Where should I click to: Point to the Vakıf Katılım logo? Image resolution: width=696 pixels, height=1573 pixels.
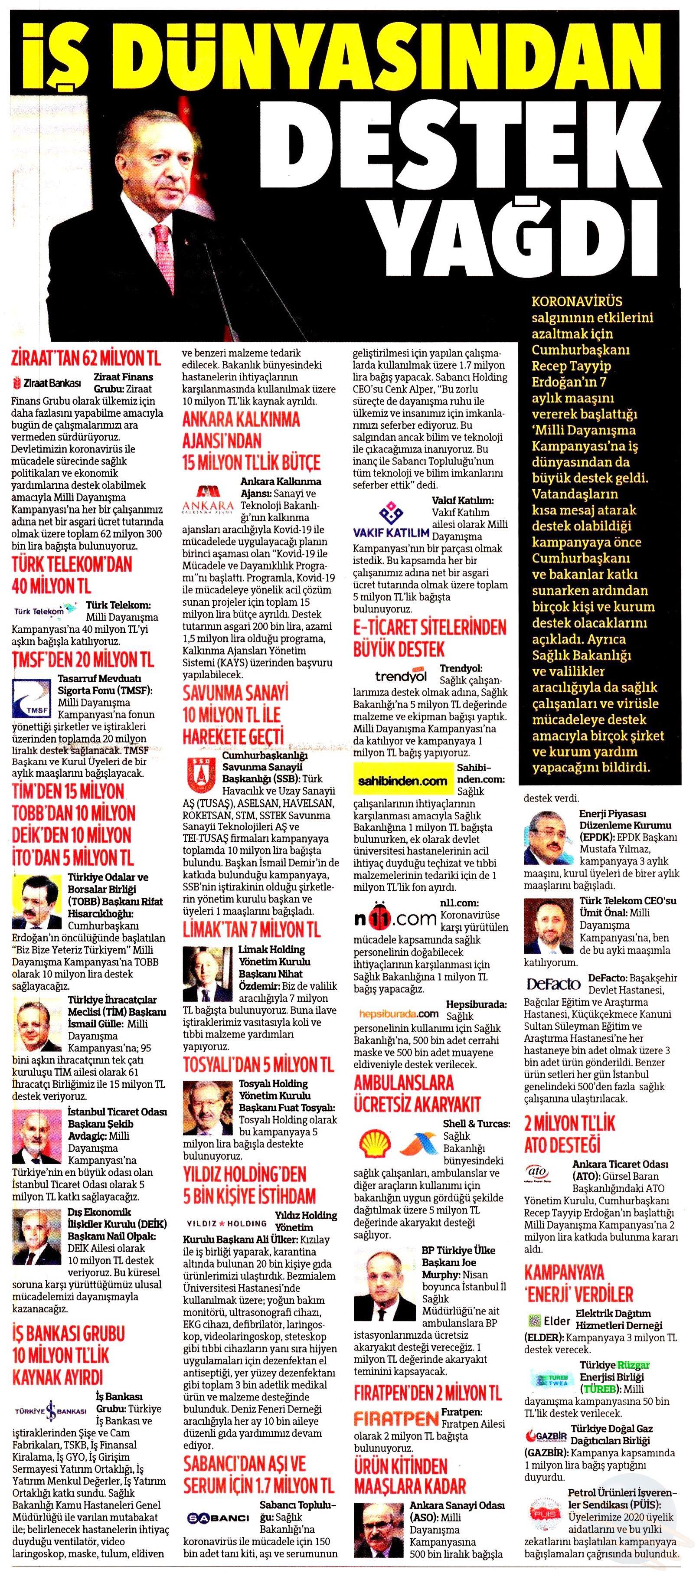pos(391,519)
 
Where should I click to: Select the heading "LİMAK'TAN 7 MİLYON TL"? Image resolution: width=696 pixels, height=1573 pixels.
pos(252,930)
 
